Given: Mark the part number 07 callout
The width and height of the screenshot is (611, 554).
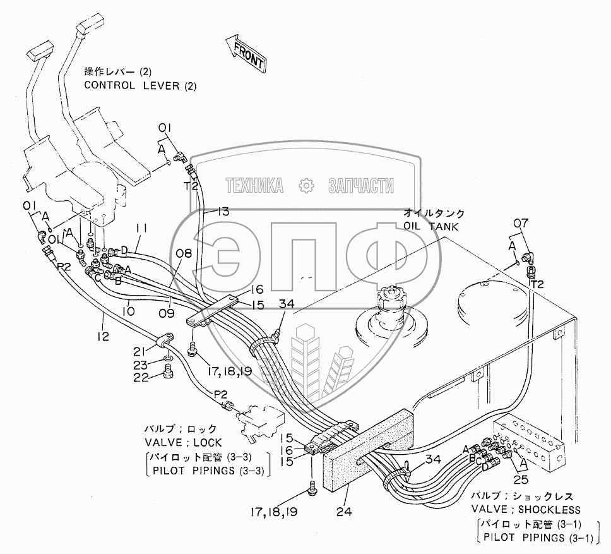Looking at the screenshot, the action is (521, 222).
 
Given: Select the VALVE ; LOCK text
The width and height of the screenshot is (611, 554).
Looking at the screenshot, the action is (181, 443).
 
